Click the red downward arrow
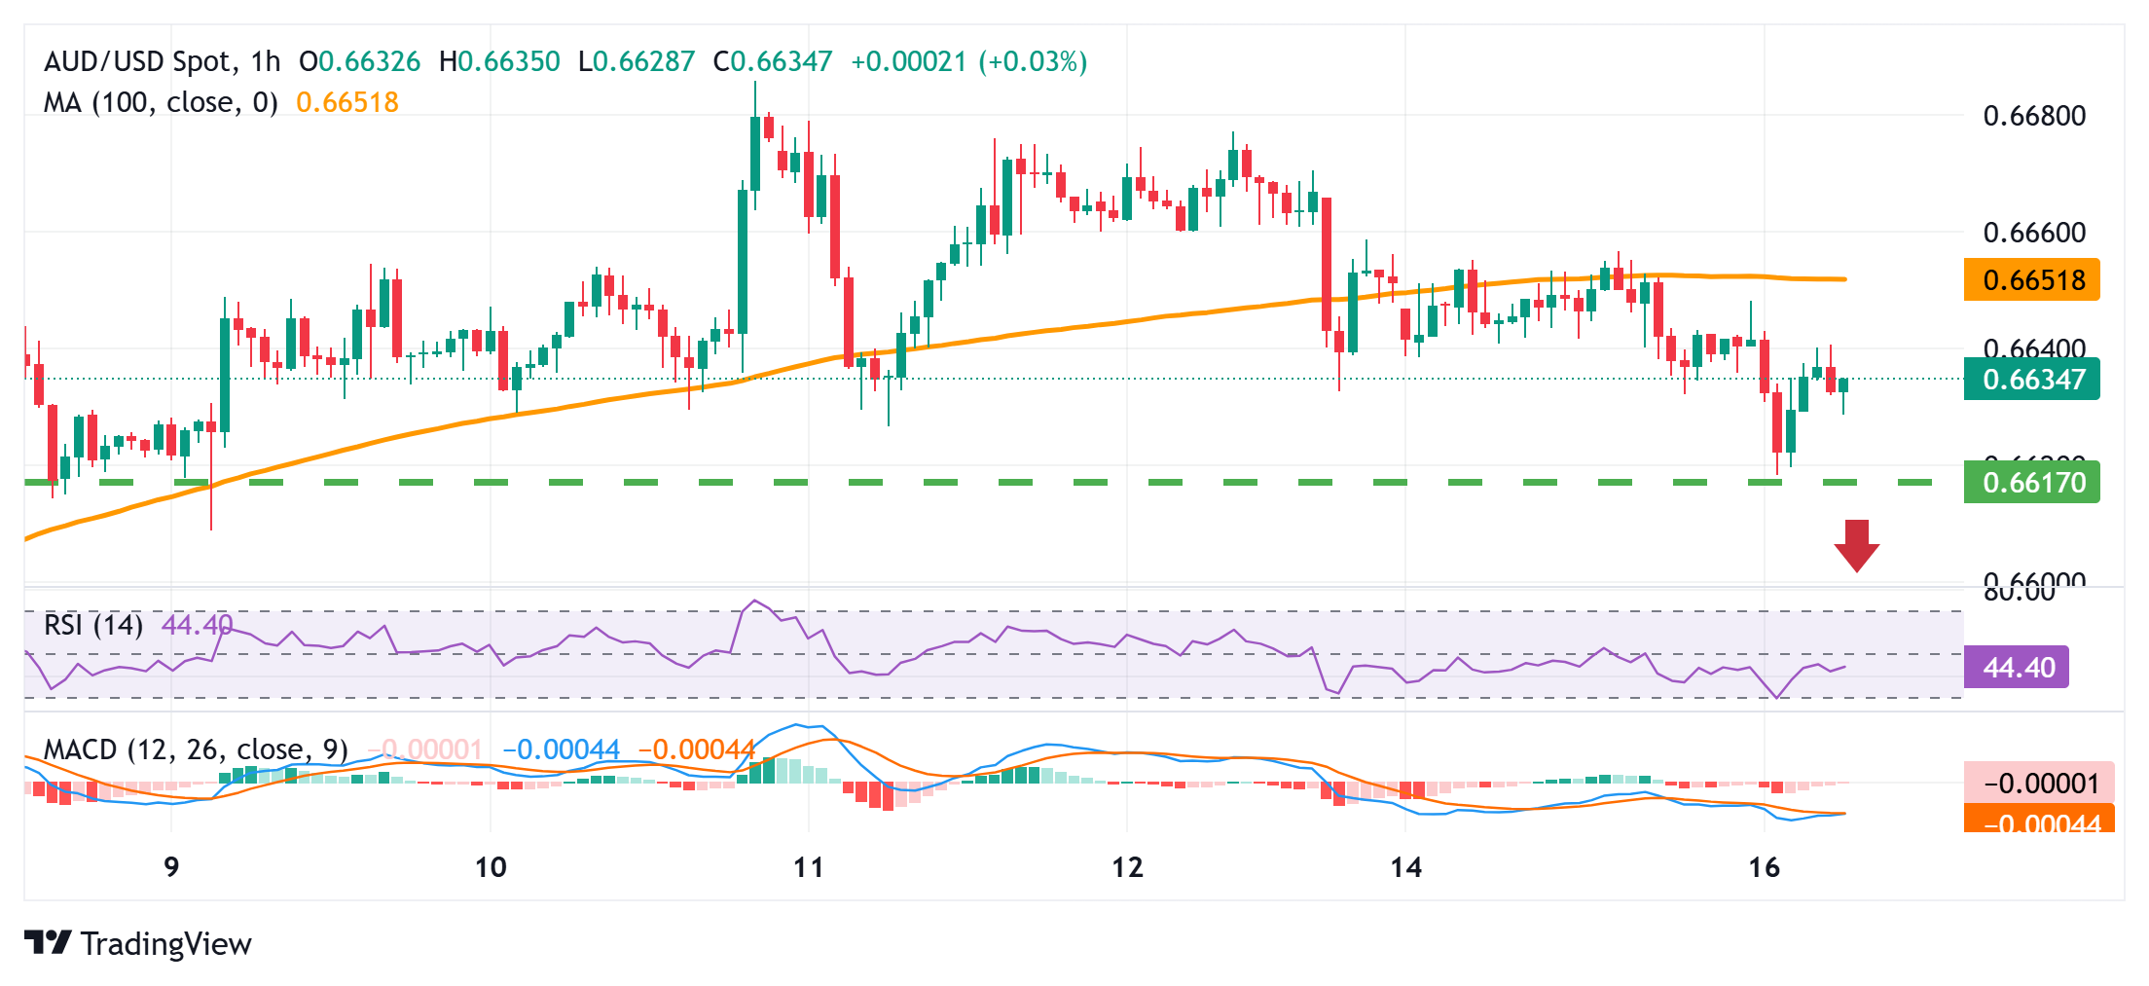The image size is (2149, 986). tap(1856, 545)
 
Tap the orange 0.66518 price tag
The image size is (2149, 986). tap(2032, 280)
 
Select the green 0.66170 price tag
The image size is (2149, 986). tap(2032, 483)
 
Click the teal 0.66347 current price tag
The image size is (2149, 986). tap(2032, 379)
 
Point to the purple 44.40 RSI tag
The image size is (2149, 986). tap(2017, 668)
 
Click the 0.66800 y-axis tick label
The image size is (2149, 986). tap(2034, 116)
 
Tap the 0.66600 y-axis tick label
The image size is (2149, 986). tap(2034, 233)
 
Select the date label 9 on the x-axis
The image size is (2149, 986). tap(171, 866)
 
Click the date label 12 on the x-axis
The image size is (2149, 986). tap(1127, 866)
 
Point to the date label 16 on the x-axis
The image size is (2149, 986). tap(1764, 866)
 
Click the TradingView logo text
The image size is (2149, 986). tap(165, 943)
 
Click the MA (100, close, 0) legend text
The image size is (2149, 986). tap(161, 102)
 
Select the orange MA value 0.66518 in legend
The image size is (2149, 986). tap(347, 102)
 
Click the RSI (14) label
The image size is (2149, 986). tap(93, 624)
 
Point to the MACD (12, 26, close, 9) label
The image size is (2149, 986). tap(196, 749)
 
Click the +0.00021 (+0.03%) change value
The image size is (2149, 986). tap(968, 62)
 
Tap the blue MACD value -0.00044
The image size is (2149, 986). tap(562, 749)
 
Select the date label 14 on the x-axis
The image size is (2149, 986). tap(1405, 866)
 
